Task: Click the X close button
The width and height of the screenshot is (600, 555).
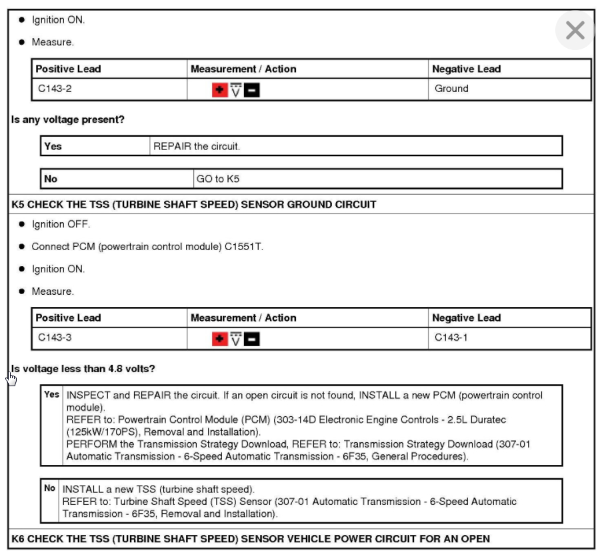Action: pos(575,30)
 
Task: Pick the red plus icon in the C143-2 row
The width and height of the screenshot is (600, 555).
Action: pos(219,90)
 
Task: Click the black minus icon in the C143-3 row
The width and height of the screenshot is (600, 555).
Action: pos(251,340)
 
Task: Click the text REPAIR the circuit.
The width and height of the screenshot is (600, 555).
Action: pos(197,146)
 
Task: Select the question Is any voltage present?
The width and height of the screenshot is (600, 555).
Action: pos(68,120)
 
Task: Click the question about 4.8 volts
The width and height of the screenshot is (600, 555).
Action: pos(83,369)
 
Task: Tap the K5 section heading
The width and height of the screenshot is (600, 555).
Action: pos(194,205)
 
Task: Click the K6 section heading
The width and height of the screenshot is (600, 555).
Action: pos(251,538)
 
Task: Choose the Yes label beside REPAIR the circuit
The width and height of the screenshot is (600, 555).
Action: pos(53,146)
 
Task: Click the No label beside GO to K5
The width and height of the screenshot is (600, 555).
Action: pos(51,179)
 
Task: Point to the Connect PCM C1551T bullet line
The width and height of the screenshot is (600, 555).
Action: pos(147,247)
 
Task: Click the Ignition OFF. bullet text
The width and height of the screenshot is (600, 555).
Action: pos(61,224)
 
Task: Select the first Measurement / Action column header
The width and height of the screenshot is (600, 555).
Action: pos(243,69)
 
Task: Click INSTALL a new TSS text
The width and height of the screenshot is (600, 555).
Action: pos(159,490)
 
